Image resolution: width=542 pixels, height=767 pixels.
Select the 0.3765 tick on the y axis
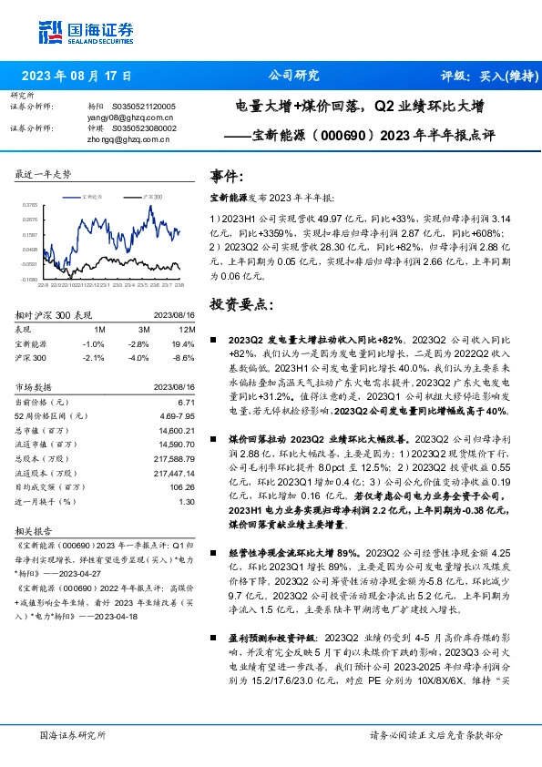click(29, 206)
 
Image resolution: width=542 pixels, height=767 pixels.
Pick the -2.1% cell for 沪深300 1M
click(93, 357)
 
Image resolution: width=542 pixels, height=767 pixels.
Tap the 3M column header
click(139, 329)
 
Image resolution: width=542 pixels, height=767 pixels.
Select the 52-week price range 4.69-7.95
click(178, 414)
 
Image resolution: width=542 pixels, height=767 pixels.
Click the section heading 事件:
click(227, 175)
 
